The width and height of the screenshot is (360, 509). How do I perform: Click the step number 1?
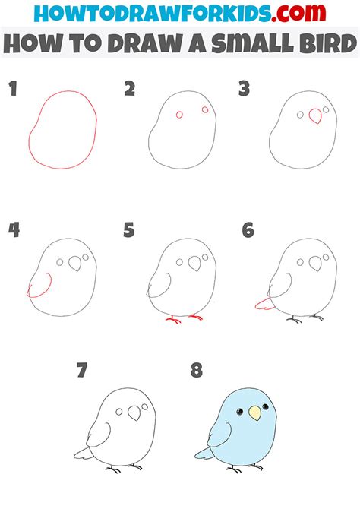pyautogui.click(x=12, y=90)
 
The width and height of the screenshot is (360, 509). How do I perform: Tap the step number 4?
pyautogui.click(x=14, y=230)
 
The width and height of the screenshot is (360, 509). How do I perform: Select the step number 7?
pyautogui.click(x=82, y=371)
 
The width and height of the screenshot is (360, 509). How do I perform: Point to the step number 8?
pyautogui.click(x=197, y=371)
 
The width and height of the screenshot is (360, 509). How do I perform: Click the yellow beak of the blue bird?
pyautogui.click(x=254, y=414)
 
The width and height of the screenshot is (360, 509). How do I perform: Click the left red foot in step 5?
pyautogui.click(x=172, y=319)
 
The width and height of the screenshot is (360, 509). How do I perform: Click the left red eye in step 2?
pyautogui.click(x=179, y=115)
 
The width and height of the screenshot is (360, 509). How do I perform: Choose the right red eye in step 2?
pyautogui.click(x=205, y=110)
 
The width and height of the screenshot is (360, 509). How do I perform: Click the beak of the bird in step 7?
pyautogui.click(x=136, y=413)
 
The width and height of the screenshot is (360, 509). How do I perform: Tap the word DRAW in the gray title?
pyautogui.click(x=148, y=46)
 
